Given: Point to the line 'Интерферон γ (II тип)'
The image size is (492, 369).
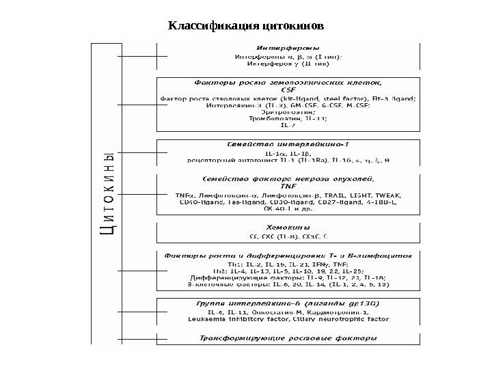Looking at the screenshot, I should [x=286, y=64].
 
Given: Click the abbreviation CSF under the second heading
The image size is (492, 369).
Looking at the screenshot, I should [x=286, y=90].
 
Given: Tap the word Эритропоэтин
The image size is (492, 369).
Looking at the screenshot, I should [x=286, y=111].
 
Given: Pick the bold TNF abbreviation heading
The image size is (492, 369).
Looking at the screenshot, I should [x=286, y=186].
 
